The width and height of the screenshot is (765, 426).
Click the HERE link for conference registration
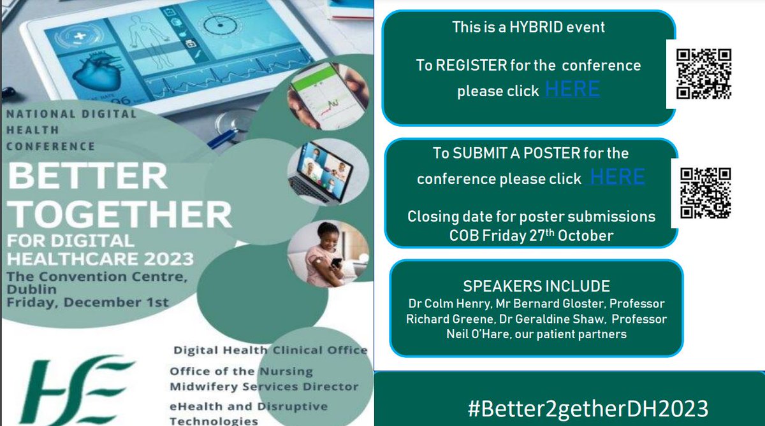(572, 89)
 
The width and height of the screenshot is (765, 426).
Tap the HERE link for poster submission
(617, 177)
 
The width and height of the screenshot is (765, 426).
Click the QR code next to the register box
(704, 74)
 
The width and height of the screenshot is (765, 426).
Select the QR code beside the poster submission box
(706, 193)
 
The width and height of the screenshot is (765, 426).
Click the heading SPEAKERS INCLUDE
(537, 286)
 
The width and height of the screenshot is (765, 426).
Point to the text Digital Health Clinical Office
(270, 350)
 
